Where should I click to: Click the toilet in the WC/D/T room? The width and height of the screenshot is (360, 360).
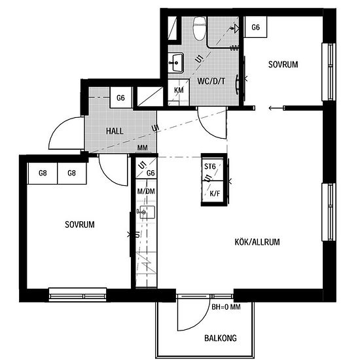[x=199, y=28]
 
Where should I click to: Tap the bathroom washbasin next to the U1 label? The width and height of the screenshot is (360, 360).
[x=175, y=62]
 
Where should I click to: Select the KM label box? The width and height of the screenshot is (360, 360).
[x=179, y=92]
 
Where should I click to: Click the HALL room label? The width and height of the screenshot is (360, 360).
[x=115, y=131]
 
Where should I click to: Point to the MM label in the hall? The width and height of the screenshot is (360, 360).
[x=142, y=148]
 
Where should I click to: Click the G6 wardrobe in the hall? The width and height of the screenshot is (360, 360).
[x=121, y=98]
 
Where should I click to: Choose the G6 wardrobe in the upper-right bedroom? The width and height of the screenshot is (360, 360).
[x=255, y=27]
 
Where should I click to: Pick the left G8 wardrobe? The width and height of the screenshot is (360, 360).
[x=43, y=173]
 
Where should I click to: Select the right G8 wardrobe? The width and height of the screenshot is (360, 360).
[x=72, y=173]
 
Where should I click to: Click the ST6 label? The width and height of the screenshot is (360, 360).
[x=210, y=166]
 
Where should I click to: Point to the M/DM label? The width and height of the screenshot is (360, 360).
[x=146, y=191]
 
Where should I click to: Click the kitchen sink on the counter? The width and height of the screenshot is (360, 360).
[x=146, y=212]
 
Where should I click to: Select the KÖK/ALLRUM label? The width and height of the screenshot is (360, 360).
[x=257, y=242]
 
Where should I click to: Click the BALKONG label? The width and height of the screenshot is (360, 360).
[x=221, y=338]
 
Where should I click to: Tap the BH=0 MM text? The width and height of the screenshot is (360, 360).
[x=226, y=307]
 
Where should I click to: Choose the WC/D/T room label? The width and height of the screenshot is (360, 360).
[x=211, y=81]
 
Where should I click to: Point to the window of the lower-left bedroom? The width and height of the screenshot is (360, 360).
[x=78, y=295]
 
